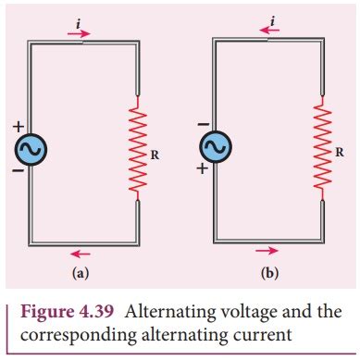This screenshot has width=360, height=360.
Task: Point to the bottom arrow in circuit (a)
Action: tap(81, 251)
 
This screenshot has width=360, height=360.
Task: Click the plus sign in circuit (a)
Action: tap(15, 124)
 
